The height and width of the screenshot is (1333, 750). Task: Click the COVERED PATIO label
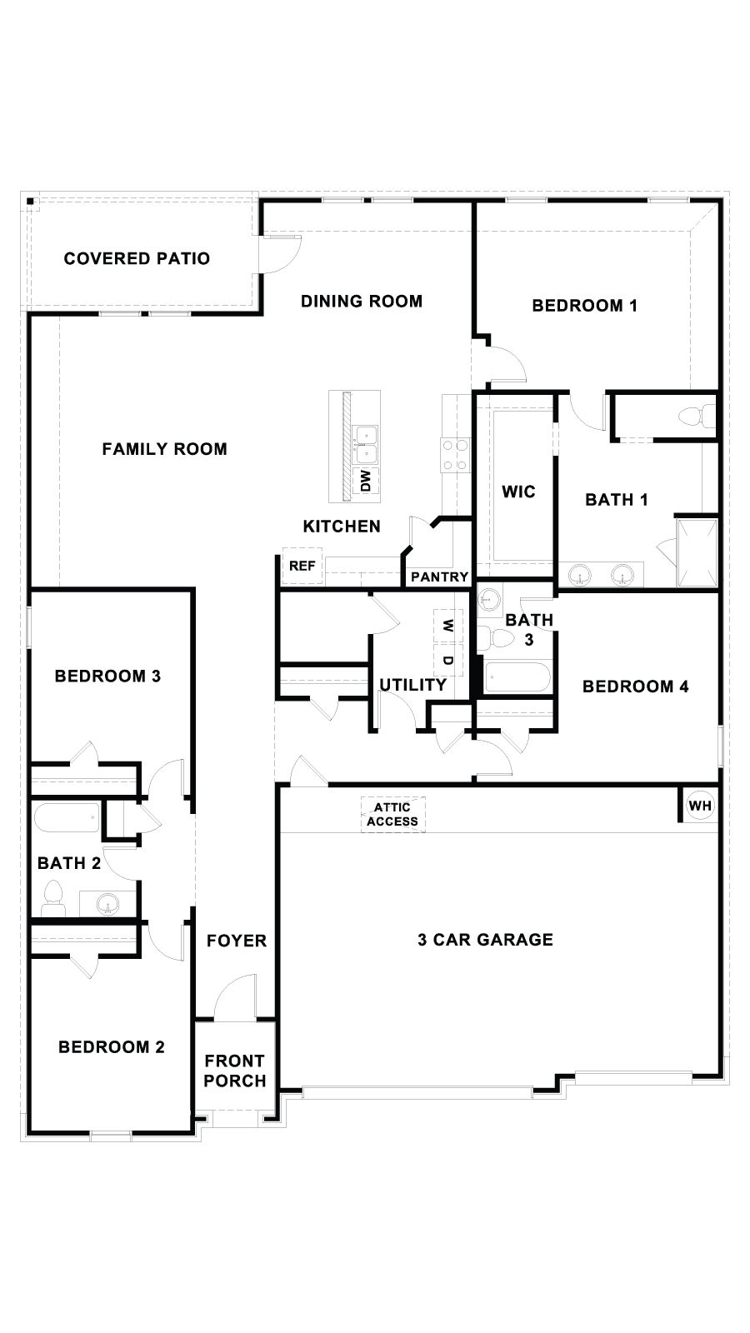pyautogui.click(x=137, y=258)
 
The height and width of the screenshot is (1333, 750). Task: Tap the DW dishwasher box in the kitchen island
pyautogui.click(x=365, y=480)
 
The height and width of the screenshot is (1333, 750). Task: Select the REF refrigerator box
pyautogui.click(x=302, y=566)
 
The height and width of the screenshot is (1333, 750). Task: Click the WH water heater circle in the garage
pyautogui.click(x=699, y=806)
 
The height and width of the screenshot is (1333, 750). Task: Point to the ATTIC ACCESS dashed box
pyautogui.click(x=392, y=814)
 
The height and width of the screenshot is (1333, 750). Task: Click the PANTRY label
pyautogui.click(x=439, y=577)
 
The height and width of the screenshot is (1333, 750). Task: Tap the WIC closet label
pyautogui.click(x=518, y=492)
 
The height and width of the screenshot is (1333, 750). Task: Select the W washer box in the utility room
pyautogui.click(x=448, y=625)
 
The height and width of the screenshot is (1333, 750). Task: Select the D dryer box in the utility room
pyautogui.click(x=448, y=660)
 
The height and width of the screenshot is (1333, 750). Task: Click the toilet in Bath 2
pyautogui.click(x=53, y=898)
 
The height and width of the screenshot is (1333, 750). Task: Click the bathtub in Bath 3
pyautogui.click(x=517, y=677)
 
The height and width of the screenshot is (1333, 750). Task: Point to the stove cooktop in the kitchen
pyautogui.click(x=455, y=455)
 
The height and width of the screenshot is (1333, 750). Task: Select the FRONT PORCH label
pyautogui.click(x=235, y=1071)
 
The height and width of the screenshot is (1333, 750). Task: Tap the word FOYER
pyautogui.click(x=237, y=941)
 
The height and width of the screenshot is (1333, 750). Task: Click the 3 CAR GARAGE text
pyautogui.click(x=485, y=940)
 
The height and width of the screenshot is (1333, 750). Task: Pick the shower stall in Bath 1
pyautogui.click(x=697, y=552)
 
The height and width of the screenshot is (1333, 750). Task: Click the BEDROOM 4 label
pyautogui.click(x=635, y=686)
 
